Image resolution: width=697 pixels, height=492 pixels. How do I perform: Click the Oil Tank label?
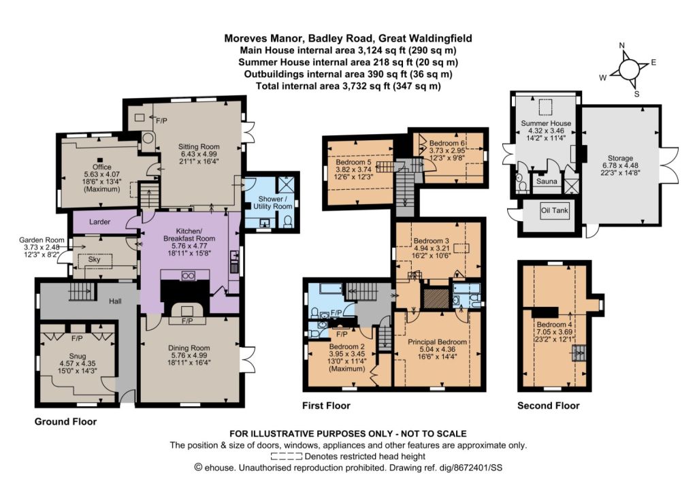coord(554,210)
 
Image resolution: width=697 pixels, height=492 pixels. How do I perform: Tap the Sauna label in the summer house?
coord(547,181)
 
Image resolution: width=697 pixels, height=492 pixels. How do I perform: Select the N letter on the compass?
coord(622,46)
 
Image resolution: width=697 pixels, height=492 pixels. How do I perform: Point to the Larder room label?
coord(99,222)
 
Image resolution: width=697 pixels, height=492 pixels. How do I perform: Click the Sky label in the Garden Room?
coord(94,259)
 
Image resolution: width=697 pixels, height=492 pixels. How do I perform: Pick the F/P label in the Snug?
coord(77,339)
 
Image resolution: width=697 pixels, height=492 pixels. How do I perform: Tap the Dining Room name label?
coord(189,348)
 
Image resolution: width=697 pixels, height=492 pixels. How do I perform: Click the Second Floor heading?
coord(549,406)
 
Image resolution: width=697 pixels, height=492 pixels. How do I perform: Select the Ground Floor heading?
coord(65,421)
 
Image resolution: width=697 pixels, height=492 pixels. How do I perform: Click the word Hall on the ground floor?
coord(115,301)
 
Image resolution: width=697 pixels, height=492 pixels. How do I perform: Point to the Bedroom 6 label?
coord(447,143)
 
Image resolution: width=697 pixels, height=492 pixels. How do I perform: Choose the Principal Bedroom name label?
coord(438,342)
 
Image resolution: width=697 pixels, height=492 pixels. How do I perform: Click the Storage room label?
coord(620,159)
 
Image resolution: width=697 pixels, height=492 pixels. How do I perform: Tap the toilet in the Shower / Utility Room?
coord(288,221)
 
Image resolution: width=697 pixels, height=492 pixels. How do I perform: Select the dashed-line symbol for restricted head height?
coord(287,457)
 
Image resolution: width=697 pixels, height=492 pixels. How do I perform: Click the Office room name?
coord(102,167)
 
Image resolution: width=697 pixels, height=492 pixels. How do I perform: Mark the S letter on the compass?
coord(636,94)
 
